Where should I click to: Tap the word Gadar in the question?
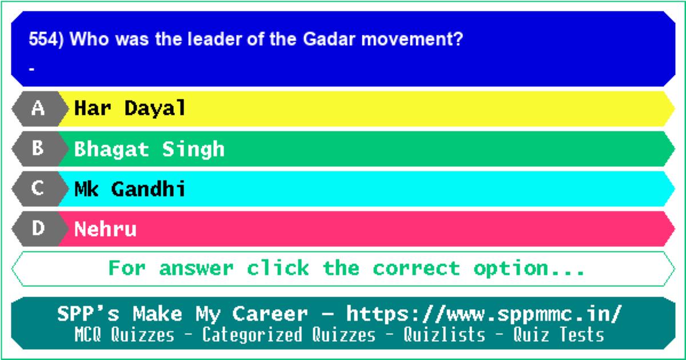tap(329, 39)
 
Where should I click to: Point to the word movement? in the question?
tap(412, 39)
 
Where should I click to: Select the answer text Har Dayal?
tap(130, 109)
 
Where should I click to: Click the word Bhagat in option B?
tap(111, 150)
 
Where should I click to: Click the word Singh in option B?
tap(193, 150)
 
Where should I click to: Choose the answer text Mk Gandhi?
tap(130, 189)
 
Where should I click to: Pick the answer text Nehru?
tap(105, 229)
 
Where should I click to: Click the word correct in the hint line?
tap(417, 269)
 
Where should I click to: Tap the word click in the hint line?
tap(278, 268)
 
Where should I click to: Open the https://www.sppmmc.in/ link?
tap(484, 314)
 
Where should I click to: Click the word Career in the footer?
tap(270, 314)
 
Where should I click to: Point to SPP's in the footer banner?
tap(88, 314)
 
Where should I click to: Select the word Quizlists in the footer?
tap(444, 335)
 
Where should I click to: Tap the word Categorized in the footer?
tap(252, 335)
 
